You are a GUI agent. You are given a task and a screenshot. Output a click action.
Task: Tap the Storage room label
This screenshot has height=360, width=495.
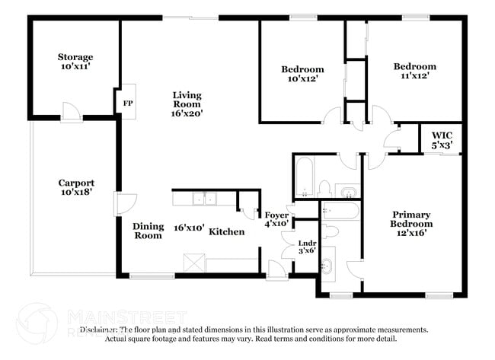coord(75,57)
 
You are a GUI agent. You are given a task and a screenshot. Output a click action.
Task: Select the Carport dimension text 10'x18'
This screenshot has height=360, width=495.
coord(77,193)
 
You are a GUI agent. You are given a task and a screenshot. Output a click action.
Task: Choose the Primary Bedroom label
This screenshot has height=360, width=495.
coord(412,219)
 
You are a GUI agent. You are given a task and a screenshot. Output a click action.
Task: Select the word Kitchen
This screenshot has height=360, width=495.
coord(227,231)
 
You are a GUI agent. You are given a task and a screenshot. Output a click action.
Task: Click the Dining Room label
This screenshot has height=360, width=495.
coord(148,231)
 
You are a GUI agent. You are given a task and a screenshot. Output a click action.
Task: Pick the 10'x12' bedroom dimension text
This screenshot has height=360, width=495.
coord(302,78)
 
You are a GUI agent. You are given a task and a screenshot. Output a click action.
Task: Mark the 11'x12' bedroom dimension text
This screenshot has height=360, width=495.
coord(415,76)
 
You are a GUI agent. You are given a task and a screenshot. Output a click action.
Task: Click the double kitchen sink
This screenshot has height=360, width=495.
coord(203,199)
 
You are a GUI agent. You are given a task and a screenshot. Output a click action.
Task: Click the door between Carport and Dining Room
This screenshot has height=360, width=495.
coord(123,203)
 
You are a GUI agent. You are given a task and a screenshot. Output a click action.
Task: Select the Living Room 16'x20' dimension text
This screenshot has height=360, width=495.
coord(187,113)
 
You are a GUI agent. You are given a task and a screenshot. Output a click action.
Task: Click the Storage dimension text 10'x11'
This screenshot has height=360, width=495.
coord(75,67)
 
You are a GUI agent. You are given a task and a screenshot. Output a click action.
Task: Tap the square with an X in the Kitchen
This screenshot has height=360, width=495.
coord(193,263)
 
